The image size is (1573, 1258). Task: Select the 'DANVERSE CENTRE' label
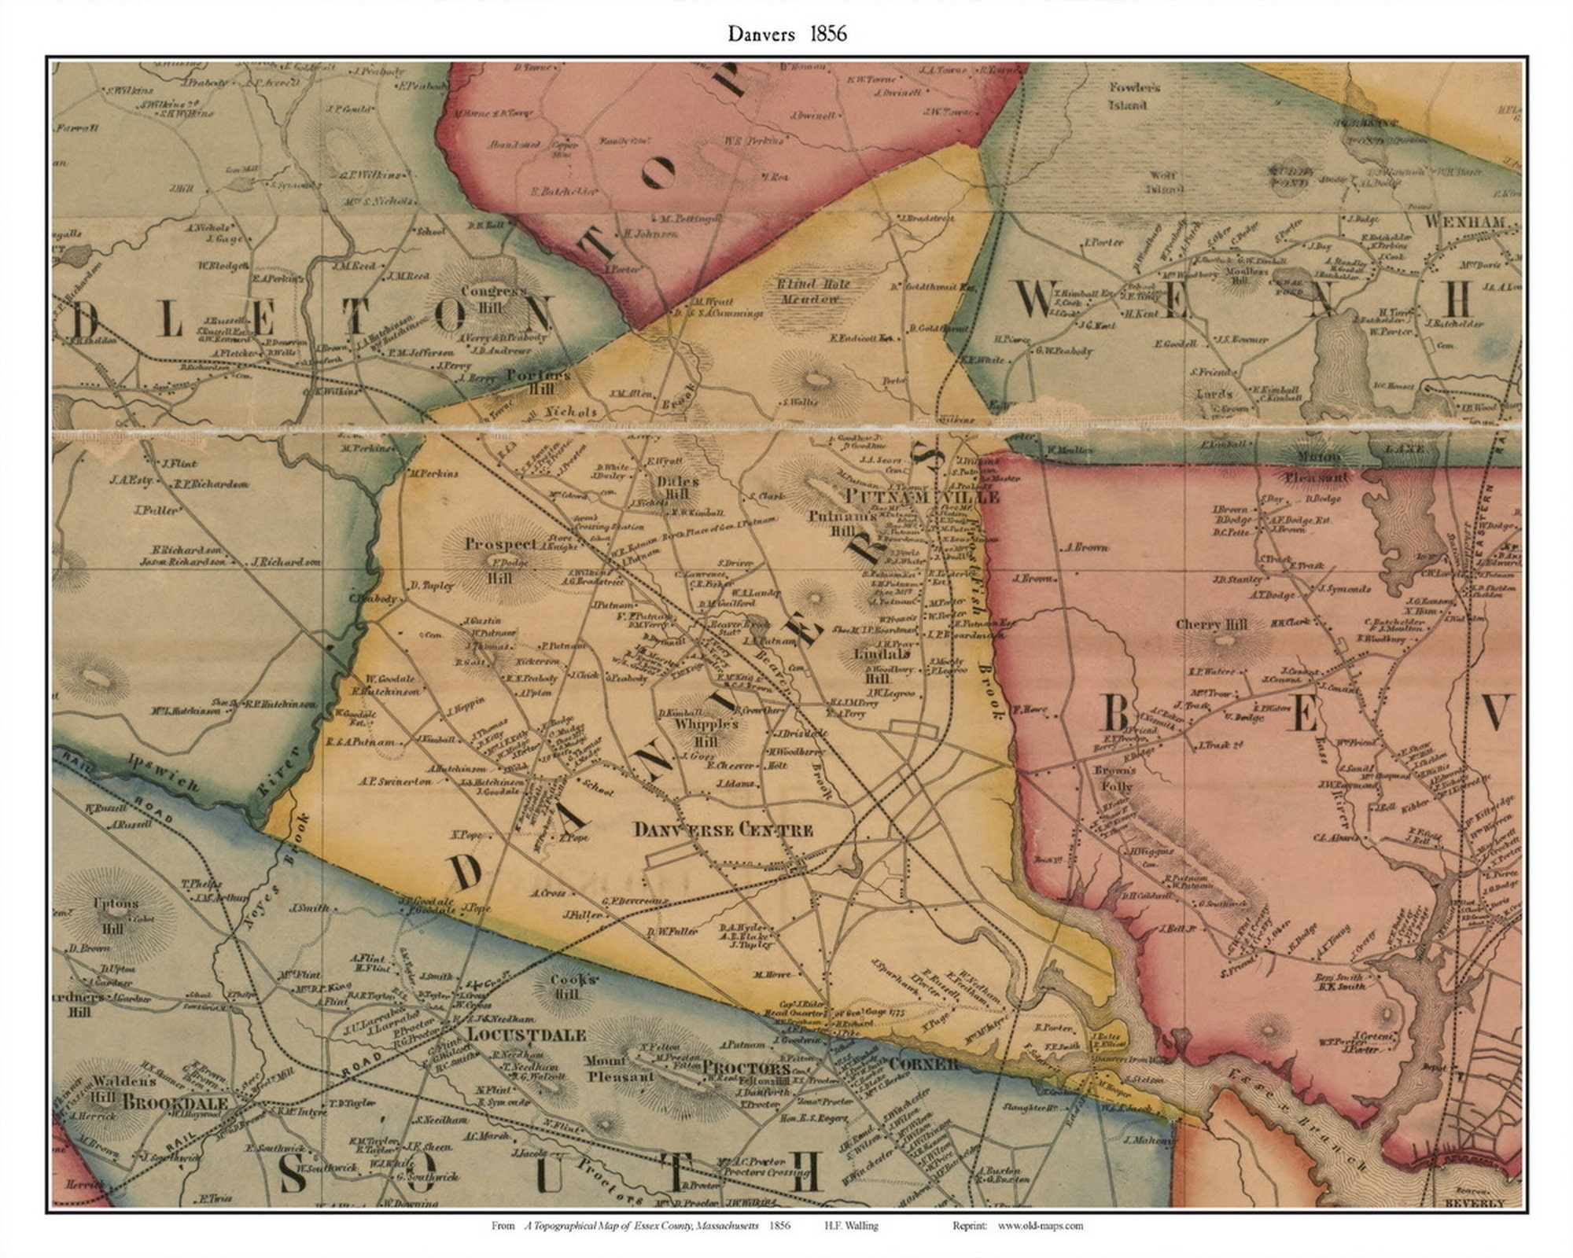tap(723, 830)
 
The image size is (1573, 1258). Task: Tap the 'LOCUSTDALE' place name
tap(525, 1035)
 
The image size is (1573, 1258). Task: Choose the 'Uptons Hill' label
tap(116, 915)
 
